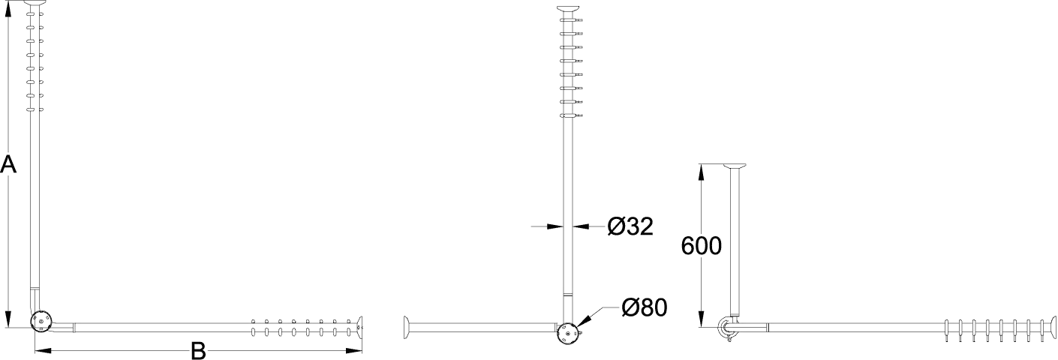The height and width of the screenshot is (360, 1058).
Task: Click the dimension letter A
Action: coord(8,165)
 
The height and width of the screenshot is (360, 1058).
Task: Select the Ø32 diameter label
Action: coord(630,226)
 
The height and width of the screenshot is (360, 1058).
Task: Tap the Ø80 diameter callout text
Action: coord(645,307)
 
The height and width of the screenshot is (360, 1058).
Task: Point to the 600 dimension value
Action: coord(702,246)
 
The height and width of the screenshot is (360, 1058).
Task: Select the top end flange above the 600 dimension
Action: coord(735,166)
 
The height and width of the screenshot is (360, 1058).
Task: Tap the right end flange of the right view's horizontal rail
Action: coord(1052,327)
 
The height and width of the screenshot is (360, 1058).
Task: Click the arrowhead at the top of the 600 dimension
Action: coord(702,172)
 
